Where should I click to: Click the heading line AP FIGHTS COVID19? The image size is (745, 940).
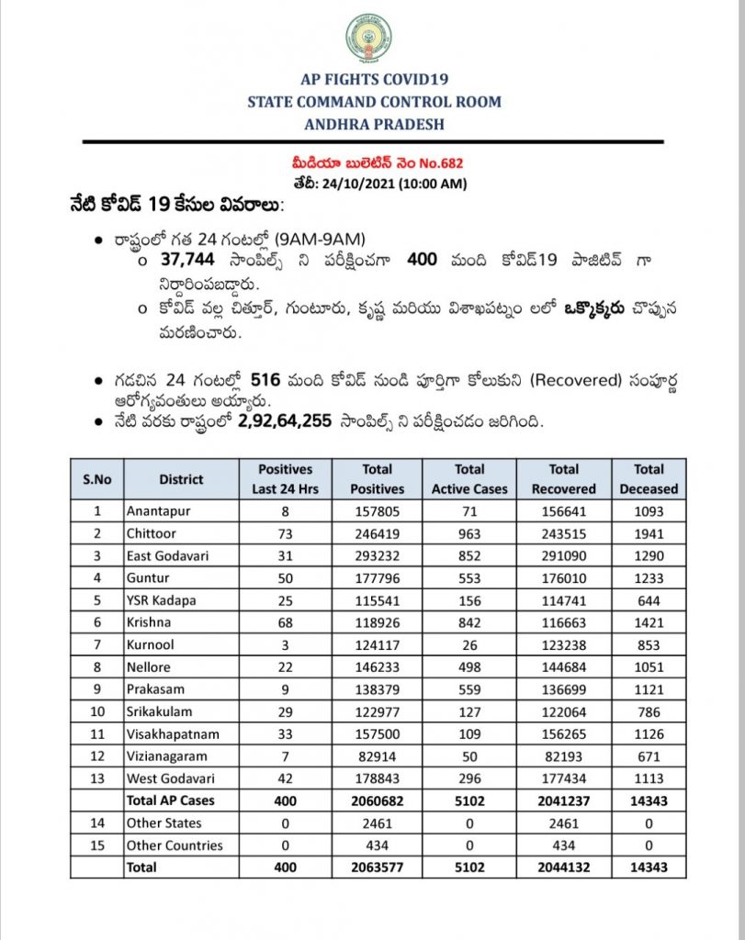[x=373, y=80]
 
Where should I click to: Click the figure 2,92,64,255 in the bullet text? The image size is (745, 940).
[x=285, y=422]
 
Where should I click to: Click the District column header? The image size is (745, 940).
[x=181, y=478]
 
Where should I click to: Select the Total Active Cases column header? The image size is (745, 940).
[x=468, y=478]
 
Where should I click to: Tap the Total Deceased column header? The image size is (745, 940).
[x=648, y=478]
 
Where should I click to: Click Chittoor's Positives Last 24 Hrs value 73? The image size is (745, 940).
[x=285, y=532]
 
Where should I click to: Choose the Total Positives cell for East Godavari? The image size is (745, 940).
[x=378, y=554]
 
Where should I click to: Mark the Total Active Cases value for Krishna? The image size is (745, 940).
[x=468, y=621]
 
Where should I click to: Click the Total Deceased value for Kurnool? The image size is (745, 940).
[x=648, y=644]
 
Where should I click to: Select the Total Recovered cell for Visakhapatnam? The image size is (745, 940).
[x=563, y=734]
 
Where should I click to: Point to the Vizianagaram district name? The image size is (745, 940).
[x=167, y=756]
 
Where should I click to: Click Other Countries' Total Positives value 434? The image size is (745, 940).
[x=378, y=845]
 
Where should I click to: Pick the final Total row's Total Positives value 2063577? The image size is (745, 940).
[x=378, y=867]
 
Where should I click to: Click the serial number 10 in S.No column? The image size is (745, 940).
[x=97, y=711]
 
